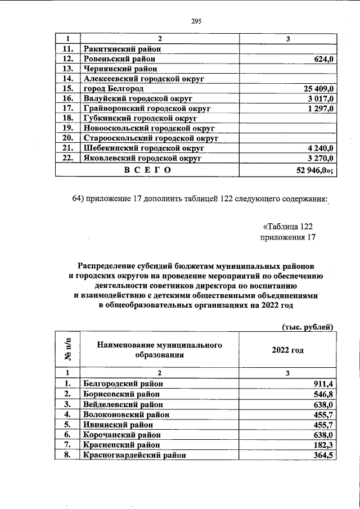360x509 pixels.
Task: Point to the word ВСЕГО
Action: point(147,169)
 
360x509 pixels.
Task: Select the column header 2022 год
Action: point(287,350)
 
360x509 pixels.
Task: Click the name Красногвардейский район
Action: point(134,454)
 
